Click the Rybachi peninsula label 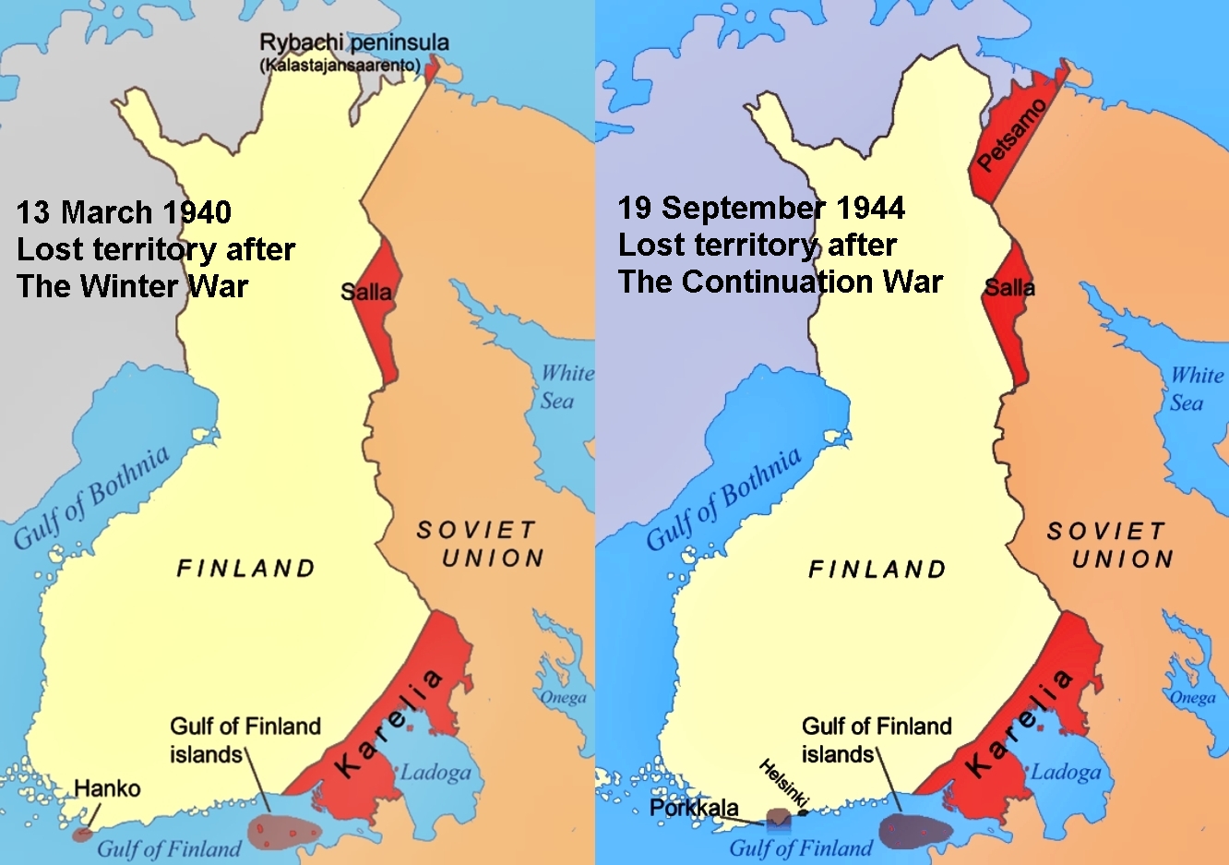point(353,43)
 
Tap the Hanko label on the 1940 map point(107,788)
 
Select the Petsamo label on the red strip point(1012,135)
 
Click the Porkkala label point(694,809)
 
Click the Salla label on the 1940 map point(366,292)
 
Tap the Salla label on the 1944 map point(1009,288)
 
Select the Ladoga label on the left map point(435,772)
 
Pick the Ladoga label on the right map point(1066,772)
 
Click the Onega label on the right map point(1193,697)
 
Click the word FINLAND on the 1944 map point(877,570)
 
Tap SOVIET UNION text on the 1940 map point(480,544)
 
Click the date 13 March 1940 point(124,212)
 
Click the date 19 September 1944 point(761,208)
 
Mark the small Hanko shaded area point(83,833)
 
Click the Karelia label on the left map point(388,724)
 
